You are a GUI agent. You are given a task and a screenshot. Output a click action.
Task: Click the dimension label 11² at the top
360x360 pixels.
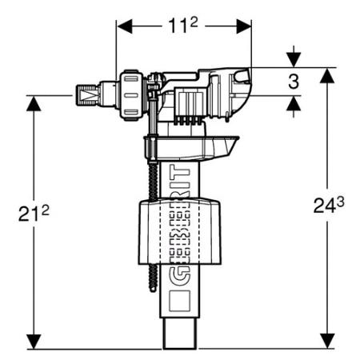[x=183, y=26]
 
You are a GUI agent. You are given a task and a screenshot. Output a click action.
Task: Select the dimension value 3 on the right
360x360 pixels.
[x=294, y=82]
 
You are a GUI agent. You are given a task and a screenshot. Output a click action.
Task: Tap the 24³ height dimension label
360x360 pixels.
[x=329, y=206]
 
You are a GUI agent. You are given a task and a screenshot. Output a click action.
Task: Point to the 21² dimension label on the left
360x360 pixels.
[x=34, y=214]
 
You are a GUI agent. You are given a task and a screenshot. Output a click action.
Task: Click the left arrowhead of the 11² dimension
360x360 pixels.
[x=125, y=26]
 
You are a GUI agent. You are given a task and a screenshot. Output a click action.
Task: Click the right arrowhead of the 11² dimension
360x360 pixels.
[x=244, y=26]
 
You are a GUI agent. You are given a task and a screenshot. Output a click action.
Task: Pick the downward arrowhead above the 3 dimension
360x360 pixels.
[x=294, y=60]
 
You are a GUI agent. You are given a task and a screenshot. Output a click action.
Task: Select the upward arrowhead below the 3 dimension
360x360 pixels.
[x=294, y=103]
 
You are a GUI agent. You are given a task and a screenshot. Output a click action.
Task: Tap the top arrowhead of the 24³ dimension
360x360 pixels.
[x=328, y=75]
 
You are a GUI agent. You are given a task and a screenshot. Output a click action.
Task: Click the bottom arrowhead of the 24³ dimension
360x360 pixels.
[x=328, y=341]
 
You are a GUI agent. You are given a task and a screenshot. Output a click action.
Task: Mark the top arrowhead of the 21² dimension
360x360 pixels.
[x=34, y=103]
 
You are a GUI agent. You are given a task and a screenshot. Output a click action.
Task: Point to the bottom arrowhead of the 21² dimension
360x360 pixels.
[x=34, y=342]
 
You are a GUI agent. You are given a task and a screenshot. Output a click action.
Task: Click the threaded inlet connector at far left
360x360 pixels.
[x=88, y=94]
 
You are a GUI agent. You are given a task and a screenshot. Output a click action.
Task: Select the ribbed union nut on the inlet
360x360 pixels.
[x=132, y=95]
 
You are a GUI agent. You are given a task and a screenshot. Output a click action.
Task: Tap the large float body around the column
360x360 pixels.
[x=180, y=232]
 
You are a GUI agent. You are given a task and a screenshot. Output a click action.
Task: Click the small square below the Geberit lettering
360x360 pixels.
[x=180, y=301]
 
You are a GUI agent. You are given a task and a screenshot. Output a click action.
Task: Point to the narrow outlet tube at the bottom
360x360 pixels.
[x=180, y=334]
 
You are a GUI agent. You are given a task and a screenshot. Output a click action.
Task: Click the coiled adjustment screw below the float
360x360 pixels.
[x=153, y=278]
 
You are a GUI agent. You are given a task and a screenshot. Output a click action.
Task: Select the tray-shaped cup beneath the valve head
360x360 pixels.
[x=191, y=147]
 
